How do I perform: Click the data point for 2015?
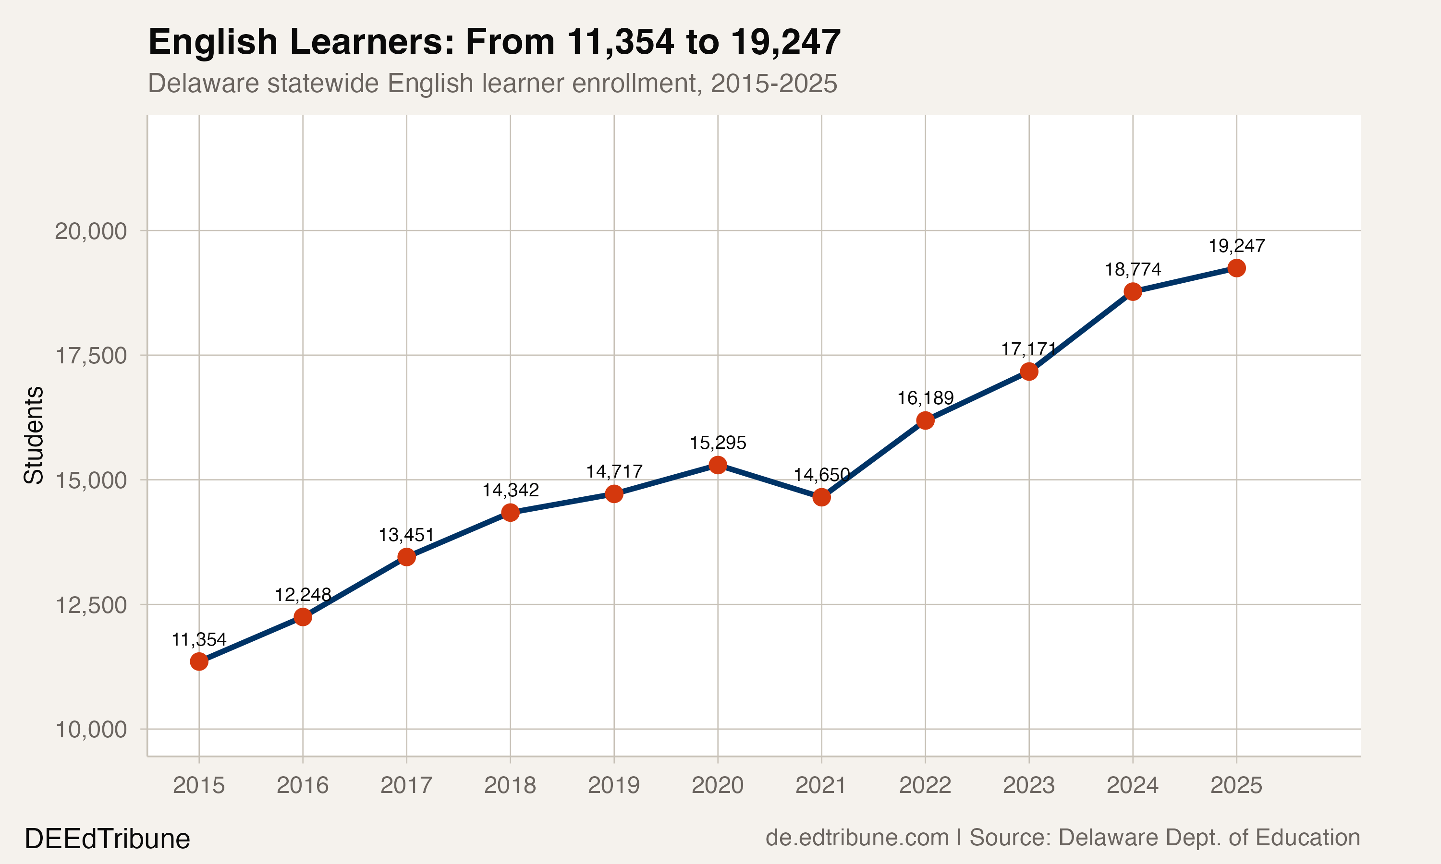point(199,661)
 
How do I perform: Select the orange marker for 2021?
point(821,497)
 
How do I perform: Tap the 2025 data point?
point(1236,268)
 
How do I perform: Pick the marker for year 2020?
point(718,465)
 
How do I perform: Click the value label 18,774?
point(1133,270)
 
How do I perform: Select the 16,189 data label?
point(925,398)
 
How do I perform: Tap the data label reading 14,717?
point(614,471)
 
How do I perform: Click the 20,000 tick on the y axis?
point(90,231)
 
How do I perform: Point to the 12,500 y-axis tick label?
point(90,605)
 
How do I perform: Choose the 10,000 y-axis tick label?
point(90,730)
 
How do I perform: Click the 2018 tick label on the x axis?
point(510,785)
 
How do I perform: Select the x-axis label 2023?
point(1028,785)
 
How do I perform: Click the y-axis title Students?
point(33,435)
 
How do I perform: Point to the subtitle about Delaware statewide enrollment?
point(493,83)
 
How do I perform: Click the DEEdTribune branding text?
point(107,839)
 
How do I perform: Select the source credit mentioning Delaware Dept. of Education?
point(1062,837)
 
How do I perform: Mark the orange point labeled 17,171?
point(1028,372)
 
